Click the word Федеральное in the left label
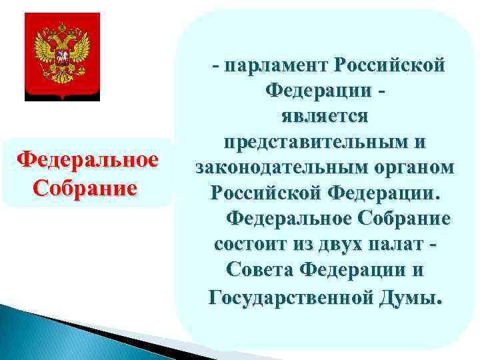(x=87, y=161)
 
